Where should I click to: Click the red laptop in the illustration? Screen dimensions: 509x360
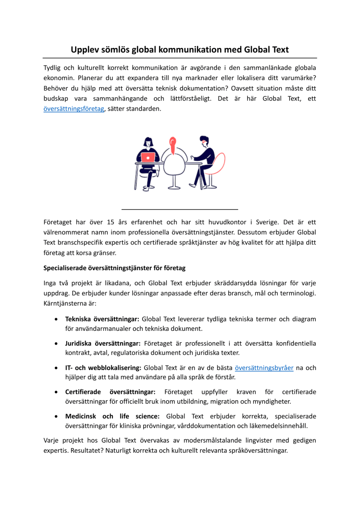tap(148, 157)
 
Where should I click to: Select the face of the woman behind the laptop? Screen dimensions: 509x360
tap(148, 143)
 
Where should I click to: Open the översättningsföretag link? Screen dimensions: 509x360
tap(74, 109)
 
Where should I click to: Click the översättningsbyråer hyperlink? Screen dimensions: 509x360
tap(264, 368)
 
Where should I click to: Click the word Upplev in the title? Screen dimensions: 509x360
tap(85, 50)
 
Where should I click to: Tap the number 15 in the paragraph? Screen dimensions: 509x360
tap(110, 222)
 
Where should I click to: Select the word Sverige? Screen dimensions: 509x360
tap(268, 222)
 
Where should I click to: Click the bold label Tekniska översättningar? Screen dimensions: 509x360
tap(102, 319)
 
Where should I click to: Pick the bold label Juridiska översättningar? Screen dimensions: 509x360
tap(103, 344)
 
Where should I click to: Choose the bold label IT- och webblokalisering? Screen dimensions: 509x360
tap(103, 368)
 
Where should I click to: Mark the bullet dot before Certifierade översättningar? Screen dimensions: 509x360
tap(56, 392)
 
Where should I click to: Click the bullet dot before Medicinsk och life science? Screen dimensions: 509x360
tap(56, 416)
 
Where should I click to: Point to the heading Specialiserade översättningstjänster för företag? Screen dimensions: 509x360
tap(114, 268)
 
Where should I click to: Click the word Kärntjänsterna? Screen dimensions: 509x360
tap(65, 303)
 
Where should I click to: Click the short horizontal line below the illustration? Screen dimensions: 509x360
tap(180, 209)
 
